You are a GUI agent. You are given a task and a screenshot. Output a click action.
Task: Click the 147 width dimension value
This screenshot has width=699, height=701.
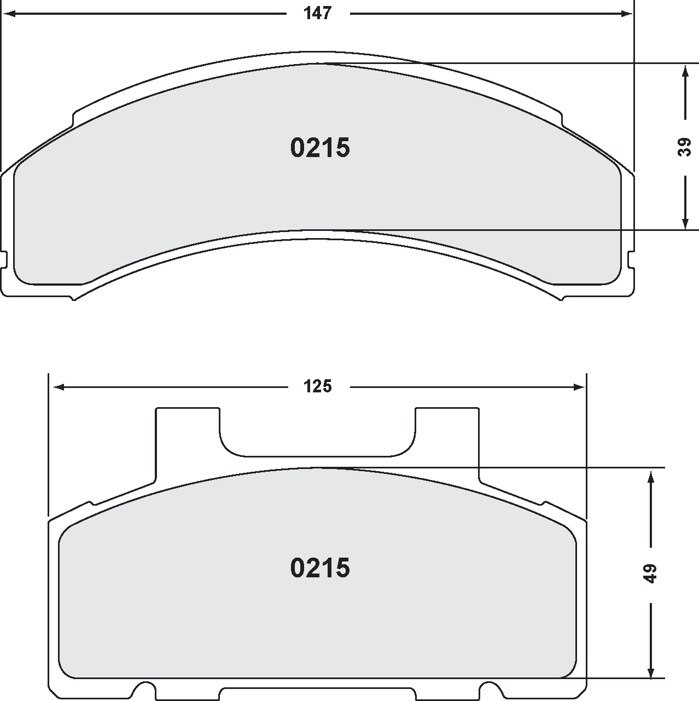(x=318, y=14)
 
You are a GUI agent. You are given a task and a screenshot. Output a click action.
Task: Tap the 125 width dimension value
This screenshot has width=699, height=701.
(x=318, y=387)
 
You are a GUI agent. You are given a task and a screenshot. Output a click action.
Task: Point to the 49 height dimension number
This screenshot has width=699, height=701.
(x=650, y=573)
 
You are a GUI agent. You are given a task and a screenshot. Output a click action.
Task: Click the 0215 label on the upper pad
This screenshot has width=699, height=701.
(x=320, y=148)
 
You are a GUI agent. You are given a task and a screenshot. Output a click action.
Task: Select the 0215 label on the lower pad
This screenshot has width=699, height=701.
(x=320, y=568)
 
